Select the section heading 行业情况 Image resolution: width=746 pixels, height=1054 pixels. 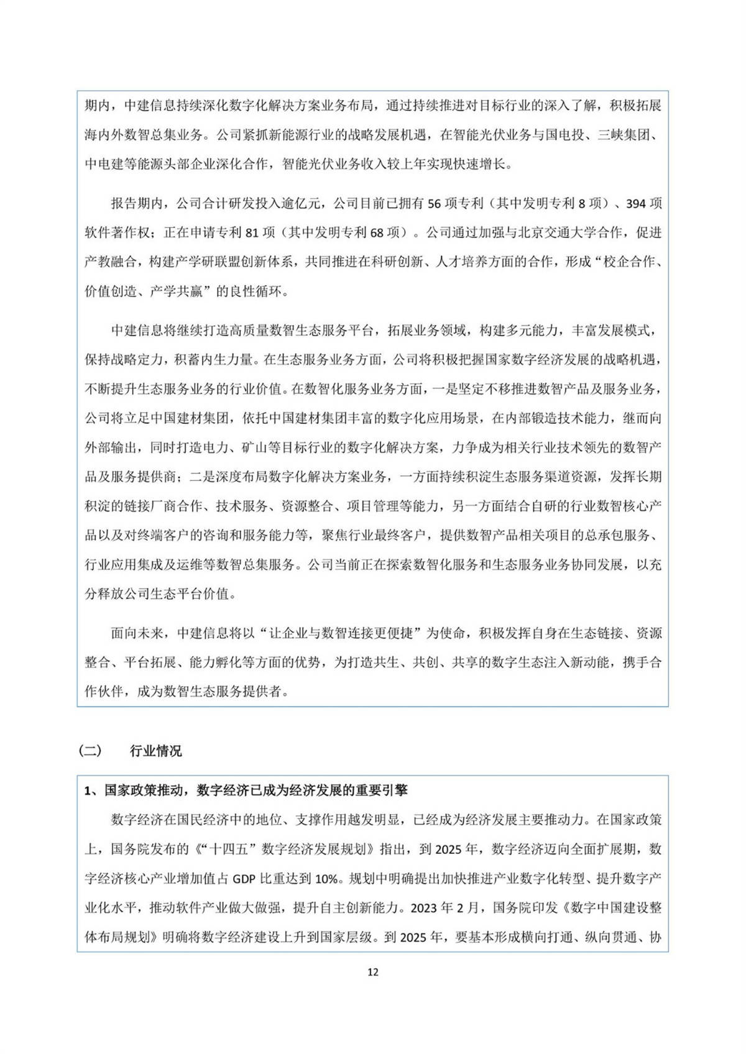[155, 751]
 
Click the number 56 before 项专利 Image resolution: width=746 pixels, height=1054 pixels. [435, 203]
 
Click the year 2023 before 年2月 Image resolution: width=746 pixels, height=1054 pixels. [424, 908]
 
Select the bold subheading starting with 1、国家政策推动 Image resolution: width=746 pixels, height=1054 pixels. [246, 790]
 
